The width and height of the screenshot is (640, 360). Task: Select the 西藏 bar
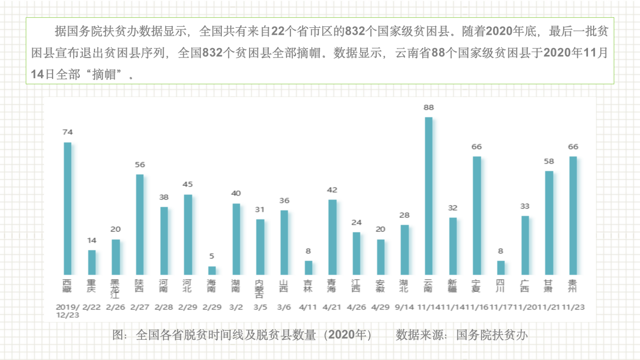pyautogui.click(x=67, y=209)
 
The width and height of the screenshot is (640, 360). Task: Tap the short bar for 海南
pyautogui.click(x=212, y=271)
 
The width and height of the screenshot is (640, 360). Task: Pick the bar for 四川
pyautogui.click(x=501, y=268)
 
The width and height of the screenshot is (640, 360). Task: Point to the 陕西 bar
pyautogui.click(x=139, y=225)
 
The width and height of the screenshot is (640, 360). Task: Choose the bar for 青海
pyautogui.click(x=332, y=237)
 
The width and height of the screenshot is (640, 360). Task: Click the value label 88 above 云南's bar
pyautogui.click(x=428, y=108)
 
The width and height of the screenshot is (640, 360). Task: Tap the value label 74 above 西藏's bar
pyautogui.click(x=67, y=132)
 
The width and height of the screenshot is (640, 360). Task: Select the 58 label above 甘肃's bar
pyautogui.click(x=549, y=162)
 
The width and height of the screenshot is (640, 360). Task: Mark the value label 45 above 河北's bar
pyautogui.click(x=187, y=184)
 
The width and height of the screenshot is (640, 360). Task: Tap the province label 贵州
pyautogui.click(x=573, y=286)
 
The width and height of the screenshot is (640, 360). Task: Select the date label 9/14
pyautogui.click(x=404, y=306)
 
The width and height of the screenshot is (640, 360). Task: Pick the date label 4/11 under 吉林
pyautogui.click(x=308, y=306)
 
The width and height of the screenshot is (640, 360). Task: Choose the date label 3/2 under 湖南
pyautogui.click(x=235, y=306)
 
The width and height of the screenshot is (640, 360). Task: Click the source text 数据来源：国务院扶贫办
pyautogui.click(x=461, y=335)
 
